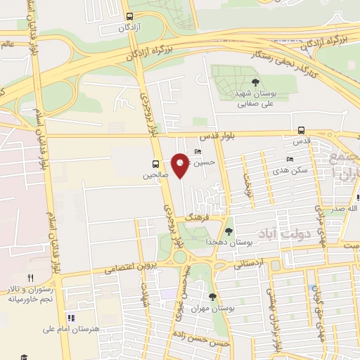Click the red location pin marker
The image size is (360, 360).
[x=181, y=165]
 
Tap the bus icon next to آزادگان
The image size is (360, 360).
[x=129, y=16]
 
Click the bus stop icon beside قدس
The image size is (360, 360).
[x=301, y=130]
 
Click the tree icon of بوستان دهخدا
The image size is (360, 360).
[x=229, y=231]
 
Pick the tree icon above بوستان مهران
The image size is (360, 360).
[x=214, y=297]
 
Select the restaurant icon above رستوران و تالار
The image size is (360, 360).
[x=30, y=278]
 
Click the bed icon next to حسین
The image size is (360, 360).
[x=197, y=151]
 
